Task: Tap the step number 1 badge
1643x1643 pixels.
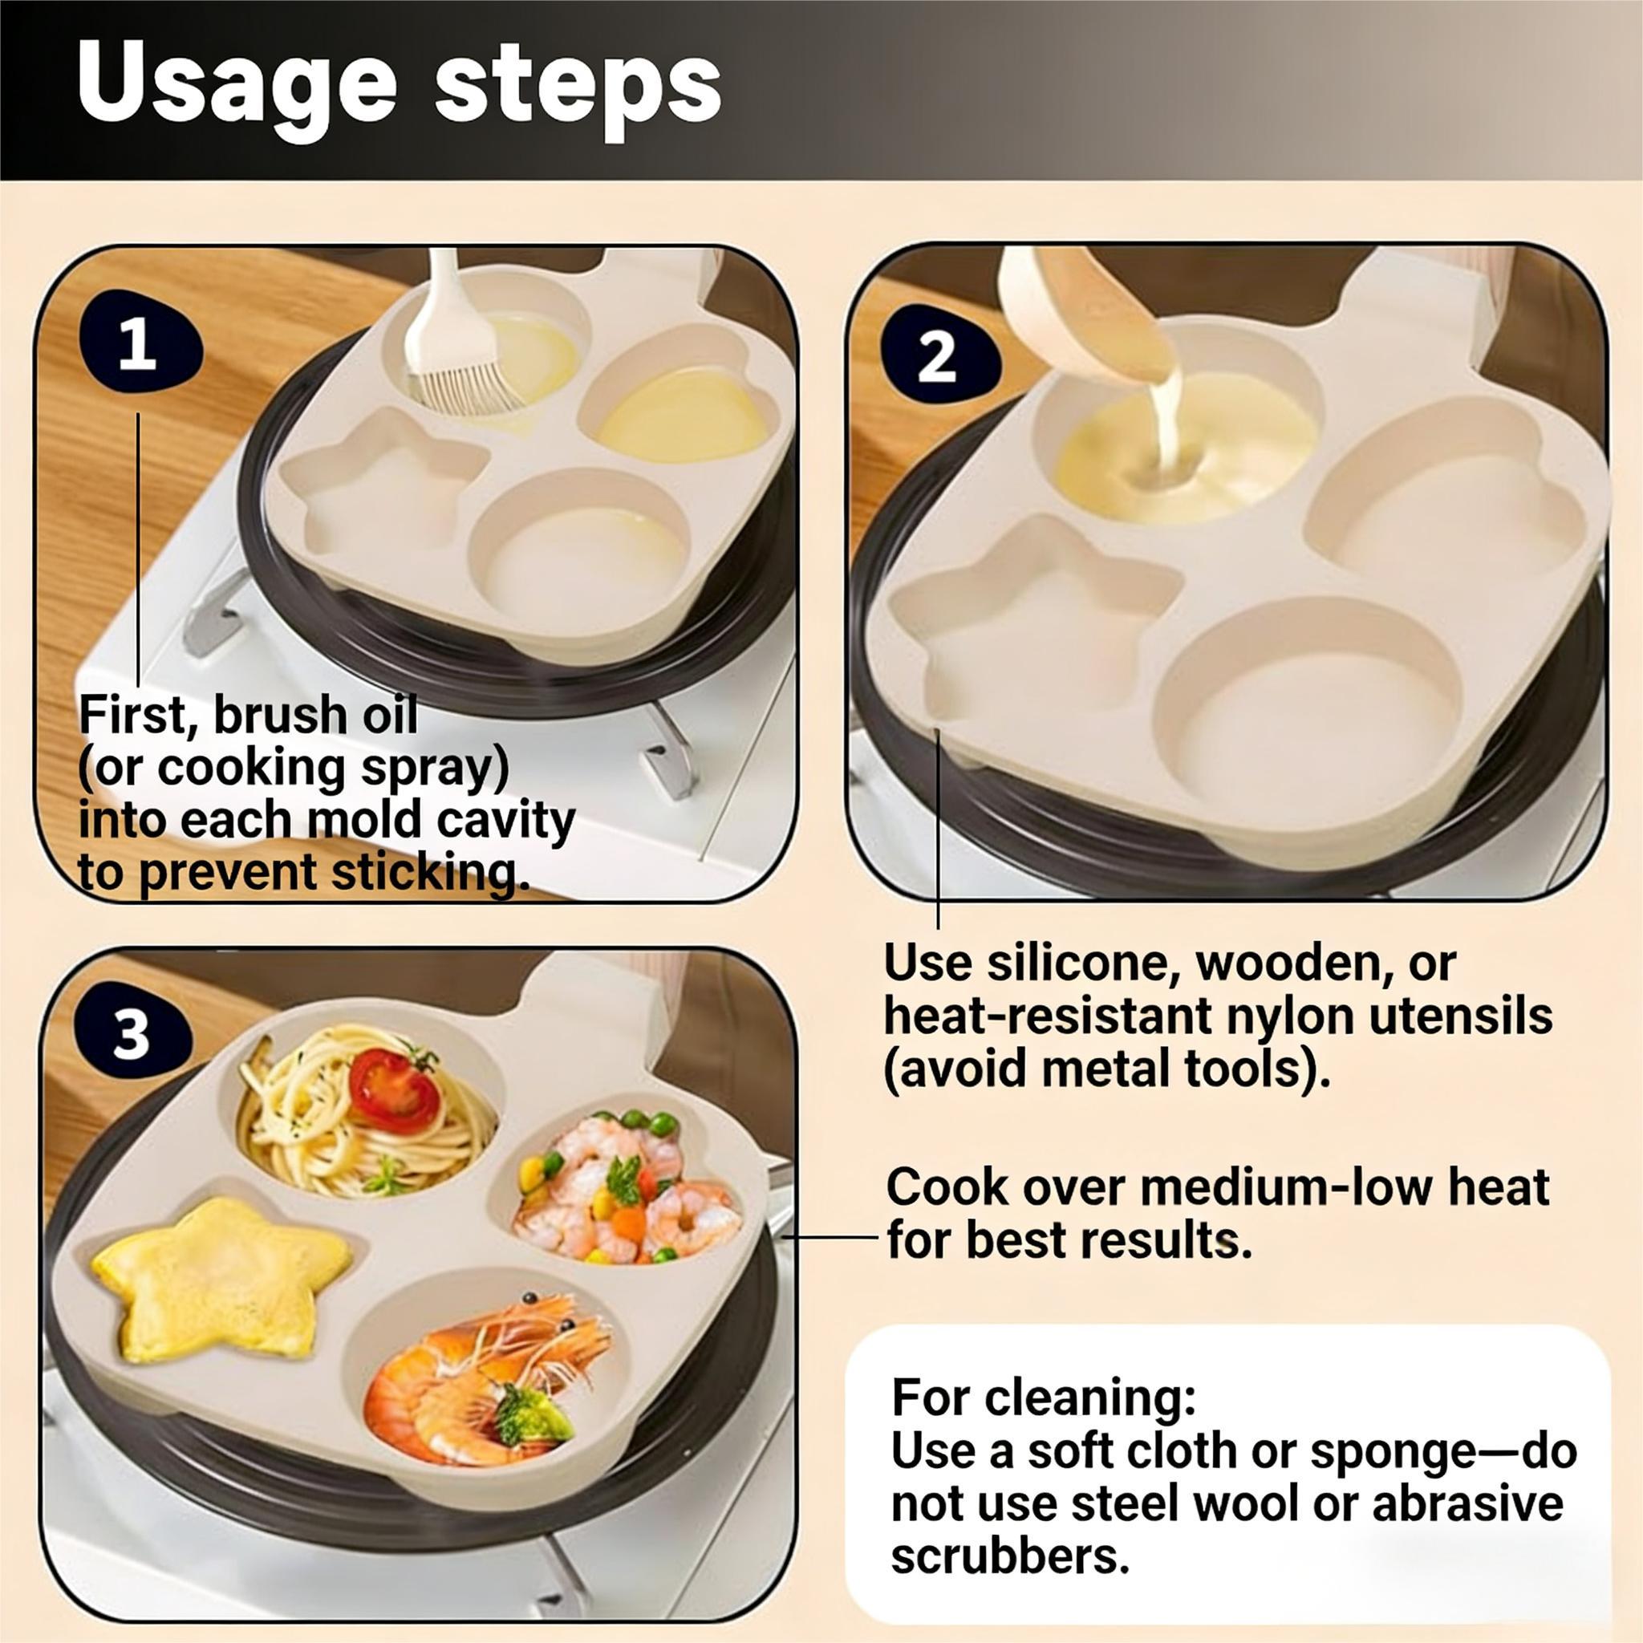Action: click(x=139, y=343)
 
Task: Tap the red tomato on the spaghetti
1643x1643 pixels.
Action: click(x=393, y=1089)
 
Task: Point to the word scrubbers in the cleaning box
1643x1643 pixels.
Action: click(x=1009, y=1556)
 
